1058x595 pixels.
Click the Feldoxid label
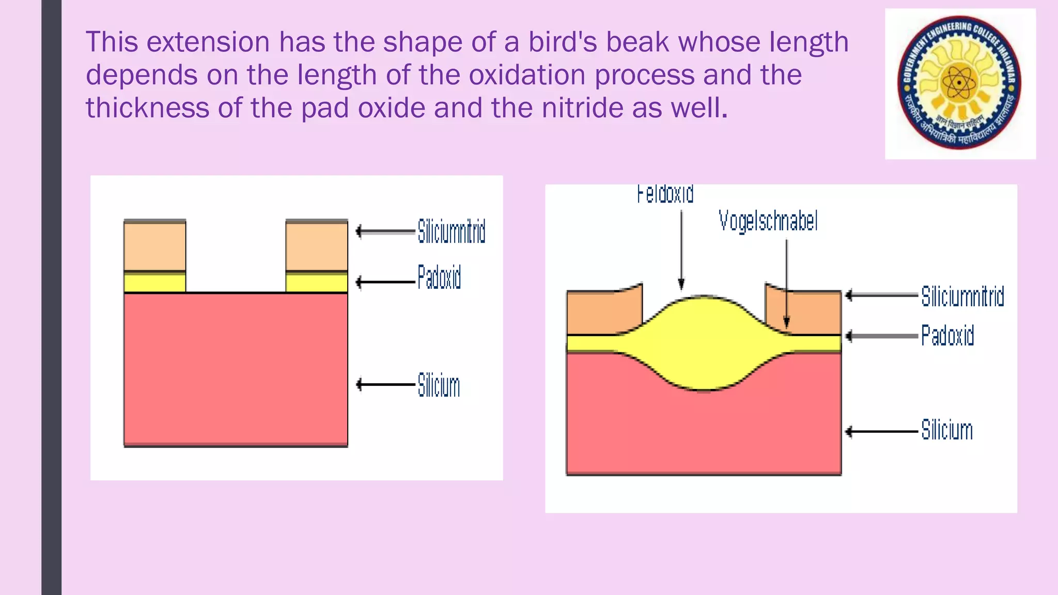coord(665,194)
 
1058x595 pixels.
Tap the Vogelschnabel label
coord(768,221)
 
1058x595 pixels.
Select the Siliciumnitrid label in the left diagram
coord(451,231)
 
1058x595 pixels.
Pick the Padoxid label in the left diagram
coord(439,277)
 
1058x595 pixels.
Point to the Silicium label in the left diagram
coord(439,385)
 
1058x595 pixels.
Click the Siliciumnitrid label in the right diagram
coord(962,296)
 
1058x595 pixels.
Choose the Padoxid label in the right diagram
coord(947,336)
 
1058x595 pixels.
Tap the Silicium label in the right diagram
coord(947,430)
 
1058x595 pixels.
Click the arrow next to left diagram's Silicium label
coord(385,384)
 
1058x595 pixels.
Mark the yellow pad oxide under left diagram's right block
coord(317,283)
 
